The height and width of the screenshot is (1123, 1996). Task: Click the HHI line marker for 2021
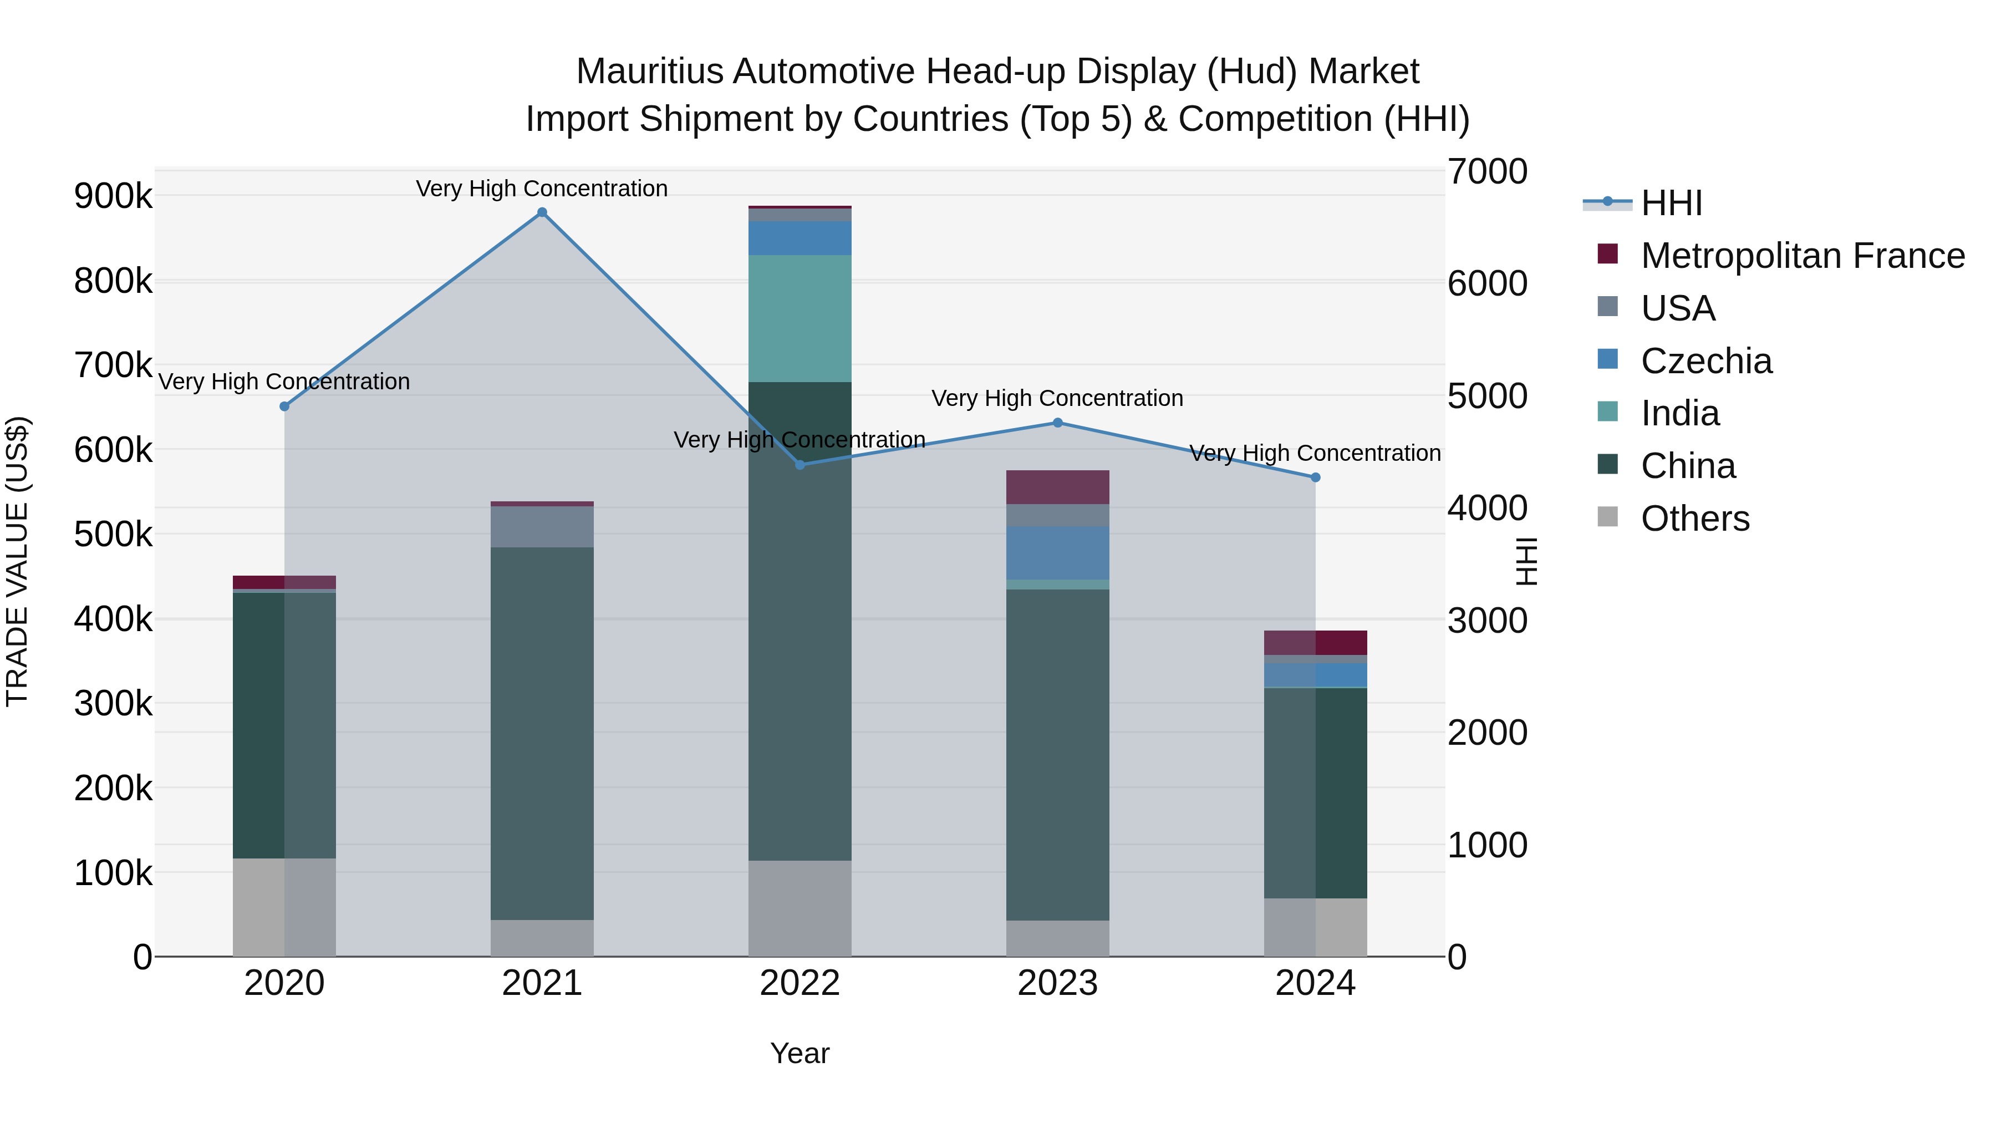coord(542,212)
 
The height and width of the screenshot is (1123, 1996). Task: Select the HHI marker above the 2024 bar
coord(1315,477)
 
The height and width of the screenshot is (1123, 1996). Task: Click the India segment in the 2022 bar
coord(800,318)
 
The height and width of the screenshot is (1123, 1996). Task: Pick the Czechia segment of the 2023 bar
coord(1058,552)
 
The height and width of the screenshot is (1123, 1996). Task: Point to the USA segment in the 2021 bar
coord(542,526)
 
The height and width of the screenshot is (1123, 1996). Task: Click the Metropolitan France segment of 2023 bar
coord(1058,487)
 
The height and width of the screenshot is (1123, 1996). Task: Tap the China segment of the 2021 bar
coord(542,733)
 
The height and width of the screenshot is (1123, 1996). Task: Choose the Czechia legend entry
coord(1705,361)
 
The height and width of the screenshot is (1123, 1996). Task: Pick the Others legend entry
coord(1694,519)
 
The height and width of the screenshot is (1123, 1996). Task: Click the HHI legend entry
coord(1671,203)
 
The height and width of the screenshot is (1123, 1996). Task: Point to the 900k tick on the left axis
coord(113,196)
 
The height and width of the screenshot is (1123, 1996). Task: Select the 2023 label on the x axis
coord(1058,983)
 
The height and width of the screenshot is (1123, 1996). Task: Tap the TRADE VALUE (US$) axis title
coord(17,561)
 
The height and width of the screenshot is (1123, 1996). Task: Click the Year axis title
coord(800,1053)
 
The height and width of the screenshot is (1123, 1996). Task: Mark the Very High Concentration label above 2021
coord(542,189)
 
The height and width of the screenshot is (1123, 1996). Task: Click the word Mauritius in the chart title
coord(649,72)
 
